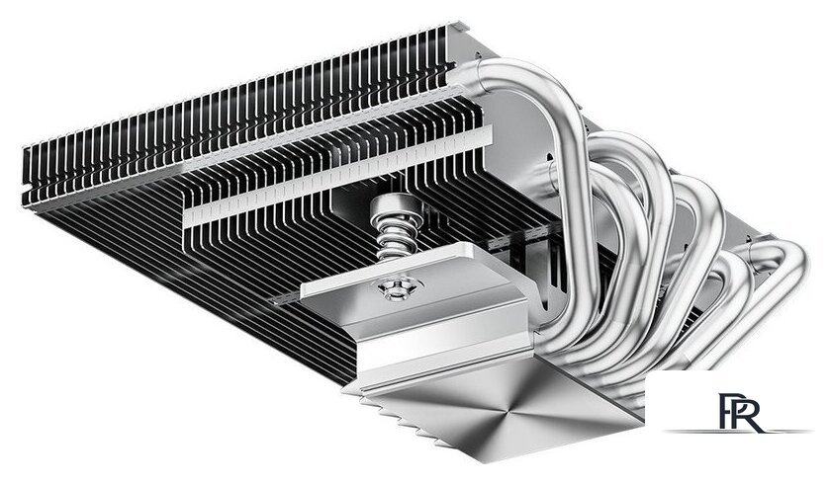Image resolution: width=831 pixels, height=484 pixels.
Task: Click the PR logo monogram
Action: coord(737,410)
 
